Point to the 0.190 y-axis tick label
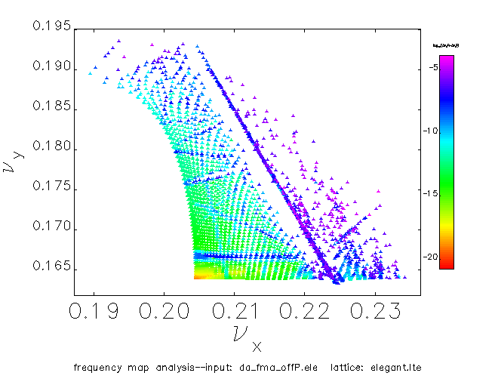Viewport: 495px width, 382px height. tap(52, 69)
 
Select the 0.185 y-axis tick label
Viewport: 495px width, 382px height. tap(52, 109)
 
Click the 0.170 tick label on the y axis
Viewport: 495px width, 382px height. tap(52, 227)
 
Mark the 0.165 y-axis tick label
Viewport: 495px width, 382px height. tap(52, 267)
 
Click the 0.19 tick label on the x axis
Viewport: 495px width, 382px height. tap(94, 311)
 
